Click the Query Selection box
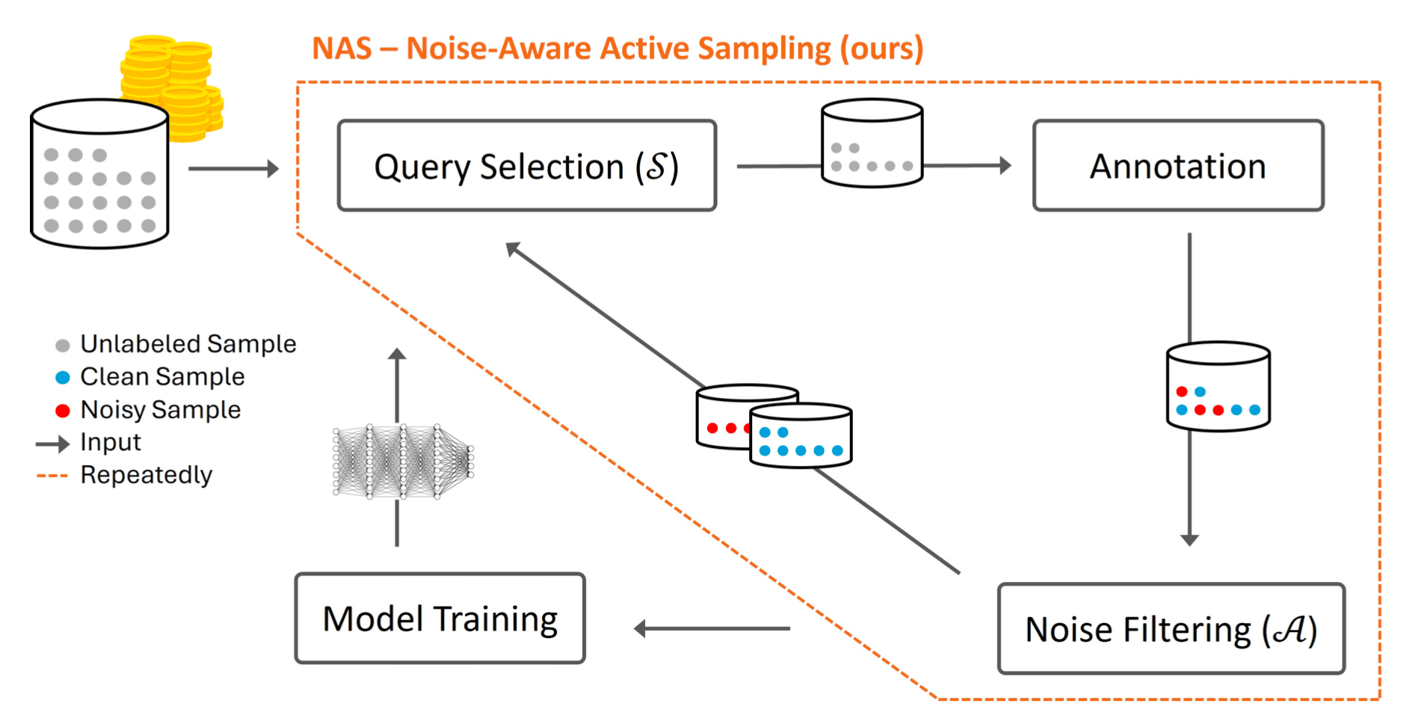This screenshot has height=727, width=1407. [527, 165]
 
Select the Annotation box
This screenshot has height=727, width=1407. [1178, 165]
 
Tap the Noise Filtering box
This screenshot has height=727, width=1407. [1171, 629]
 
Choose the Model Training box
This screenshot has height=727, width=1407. [440, 619]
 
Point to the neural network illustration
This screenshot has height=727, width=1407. [403, 461]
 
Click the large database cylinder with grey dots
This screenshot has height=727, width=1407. [99, 174]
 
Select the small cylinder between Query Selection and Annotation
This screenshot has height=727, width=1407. [872, 143]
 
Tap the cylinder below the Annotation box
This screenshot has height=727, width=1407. [1218, 387]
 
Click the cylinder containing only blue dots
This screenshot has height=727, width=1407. [801, 436]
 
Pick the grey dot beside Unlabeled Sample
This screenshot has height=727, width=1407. [63, 345]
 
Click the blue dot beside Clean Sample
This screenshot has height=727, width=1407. [63, 378]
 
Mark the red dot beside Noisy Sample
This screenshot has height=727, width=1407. [63, 411]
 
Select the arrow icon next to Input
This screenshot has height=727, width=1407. [52, 444]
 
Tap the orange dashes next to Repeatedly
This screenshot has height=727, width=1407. [52, 476]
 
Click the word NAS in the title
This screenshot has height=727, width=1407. [342, 49]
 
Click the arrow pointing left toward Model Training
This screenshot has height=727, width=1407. [712, 629]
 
